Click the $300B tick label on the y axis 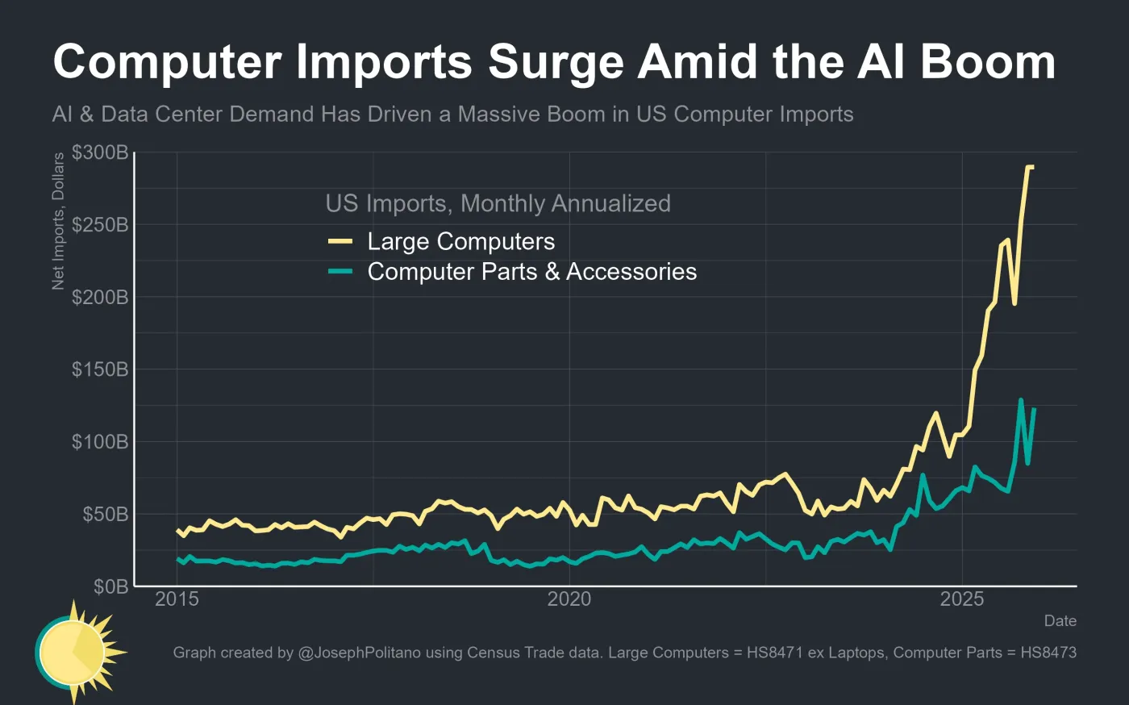pos(100,152)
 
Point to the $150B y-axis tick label pos(100,369)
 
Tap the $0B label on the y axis pos(110,586)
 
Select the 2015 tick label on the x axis pos(177,599)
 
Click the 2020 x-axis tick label pos(569,599)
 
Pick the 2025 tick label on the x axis pos(962,599)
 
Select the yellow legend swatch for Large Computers pos(340,241)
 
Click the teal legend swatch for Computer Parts pos(340,272)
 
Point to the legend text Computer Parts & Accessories pos(531,272)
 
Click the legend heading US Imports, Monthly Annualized pos(498,203)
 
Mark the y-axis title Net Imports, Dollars pos(58,222)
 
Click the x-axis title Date pos(1060,620)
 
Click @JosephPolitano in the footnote pos(359,653)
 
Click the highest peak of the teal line pos(1021,400)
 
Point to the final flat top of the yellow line pos(1030,167)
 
